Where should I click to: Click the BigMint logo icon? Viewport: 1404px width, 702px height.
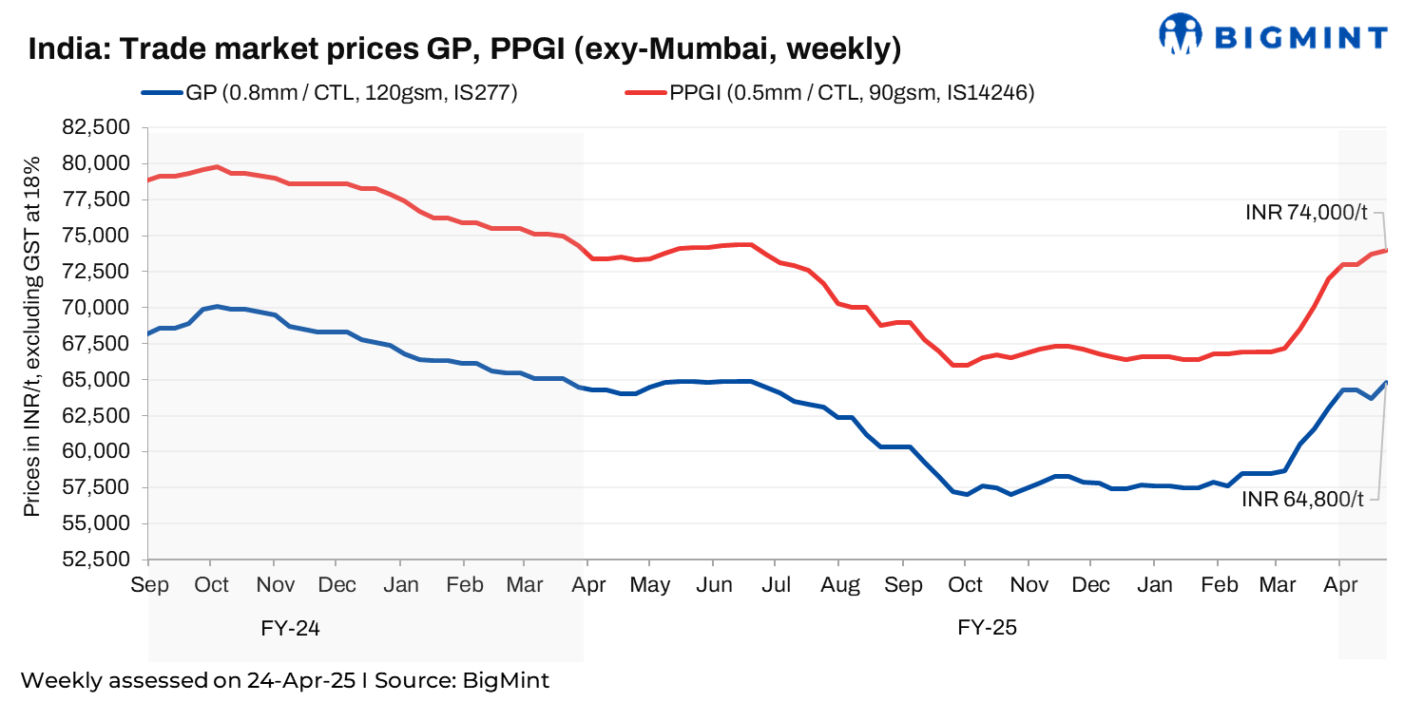click(1182, 33)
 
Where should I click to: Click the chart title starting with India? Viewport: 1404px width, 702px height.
click(464, 48)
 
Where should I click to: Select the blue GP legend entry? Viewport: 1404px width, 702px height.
click(328, 93)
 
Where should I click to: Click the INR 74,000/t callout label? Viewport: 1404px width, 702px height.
click(1308, 213)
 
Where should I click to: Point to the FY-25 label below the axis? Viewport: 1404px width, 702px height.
click(987, 628)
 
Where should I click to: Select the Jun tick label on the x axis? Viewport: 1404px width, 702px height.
click(714, 584)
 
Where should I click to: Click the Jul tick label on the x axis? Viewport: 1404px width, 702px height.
click(777, 584)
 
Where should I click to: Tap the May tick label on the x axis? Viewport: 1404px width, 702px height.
click(651, 584)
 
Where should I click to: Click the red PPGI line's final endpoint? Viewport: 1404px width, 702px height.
click(1387, 250)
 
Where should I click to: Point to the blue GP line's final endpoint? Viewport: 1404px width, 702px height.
click(1387, 382)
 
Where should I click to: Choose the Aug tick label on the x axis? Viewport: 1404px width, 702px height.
click(839, 584)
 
